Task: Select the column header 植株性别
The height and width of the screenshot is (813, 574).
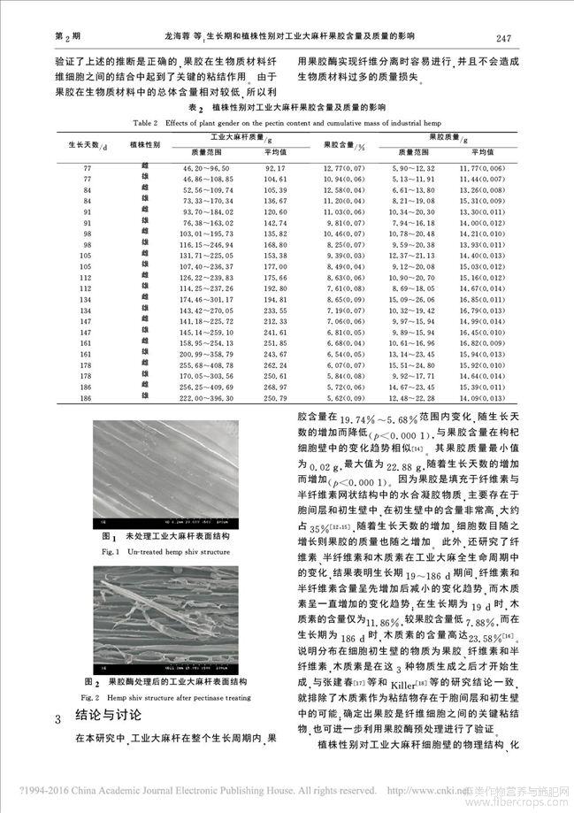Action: tap(143, 145)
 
